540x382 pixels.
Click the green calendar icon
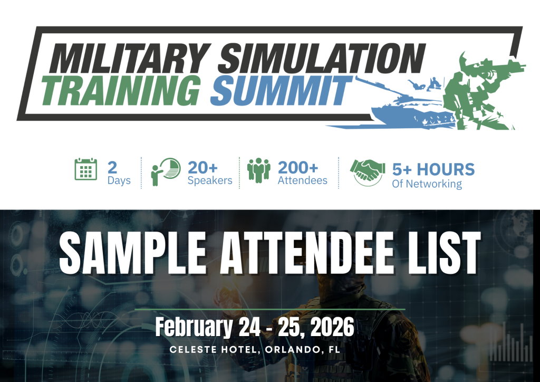pos(86,169)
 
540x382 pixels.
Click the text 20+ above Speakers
pos(202,168)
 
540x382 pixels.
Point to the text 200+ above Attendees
pos(298,168)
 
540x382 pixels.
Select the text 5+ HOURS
pos(433,169)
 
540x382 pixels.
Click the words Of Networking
pos(427,184)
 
